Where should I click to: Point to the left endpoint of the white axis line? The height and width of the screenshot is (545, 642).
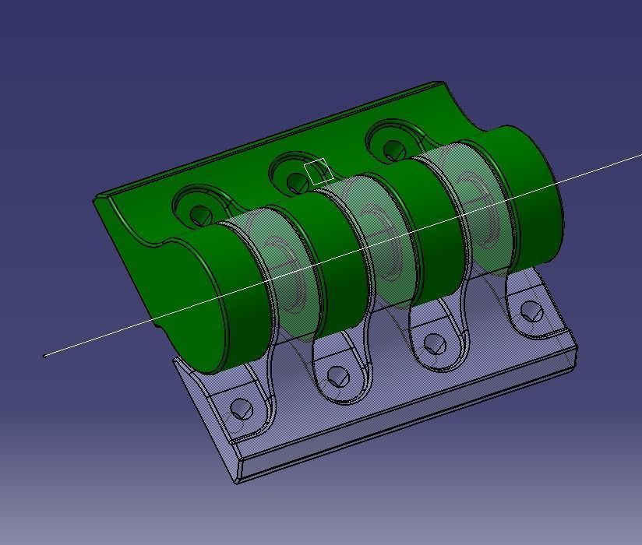(44, 356)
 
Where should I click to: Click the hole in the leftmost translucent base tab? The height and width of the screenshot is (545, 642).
(242, 409)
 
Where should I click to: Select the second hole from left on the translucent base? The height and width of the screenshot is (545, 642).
(337, 377)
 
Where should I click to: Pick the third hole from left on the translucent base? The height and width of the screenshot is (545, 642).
(434, 343)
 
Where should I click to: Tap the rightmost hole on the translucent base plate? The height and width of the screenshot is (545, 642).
(531, 312)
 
